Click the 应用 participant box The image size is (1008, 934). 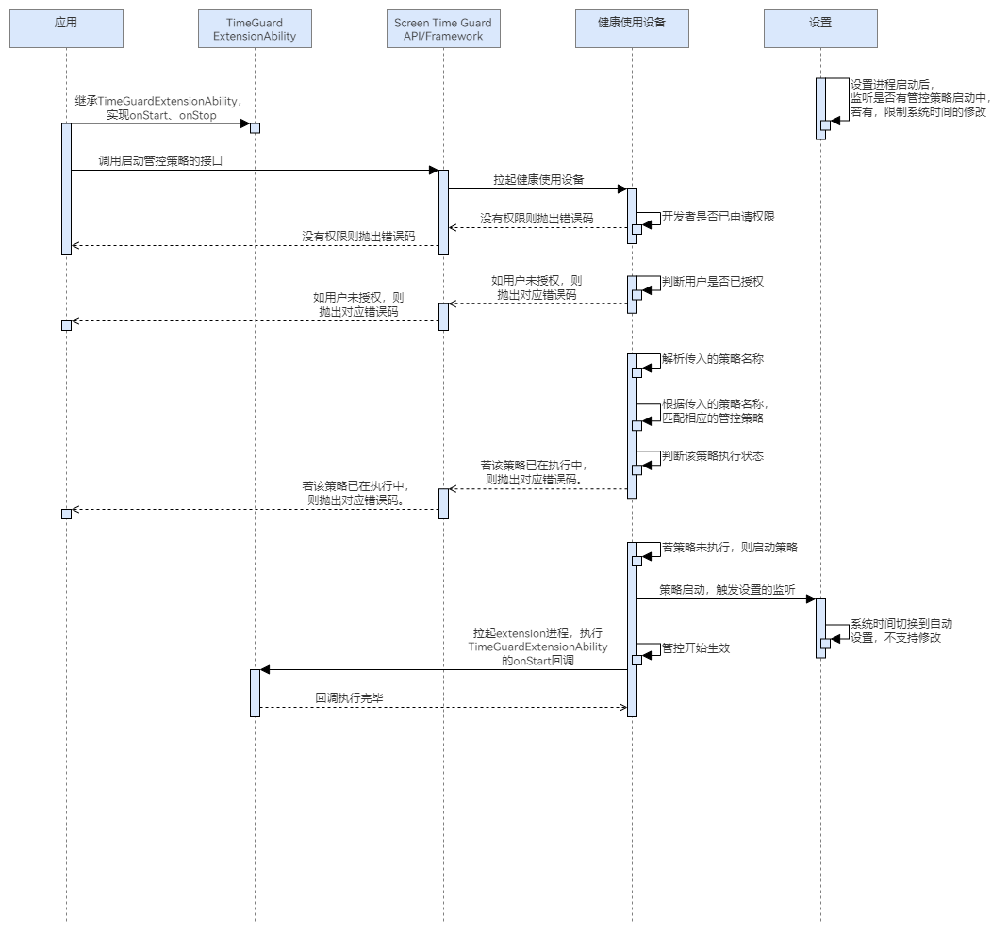pos(66,29)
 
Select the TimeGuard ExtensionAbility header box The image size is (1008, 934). pos(255,29)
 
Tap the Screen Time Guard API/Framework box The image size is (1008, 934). pos(443,29)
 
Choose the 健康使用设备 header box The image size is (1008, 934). pos(632,29)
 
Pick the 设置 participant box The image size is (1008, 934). pos(820,29)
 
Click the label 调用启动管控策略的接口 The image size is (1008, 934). pos(159,161)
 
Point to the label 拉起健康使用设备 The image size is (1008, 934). pos(538,180)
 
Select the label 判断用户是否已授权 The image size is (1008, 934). pos(712,281)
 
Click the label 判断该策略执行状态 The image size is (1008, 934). pos(712,456)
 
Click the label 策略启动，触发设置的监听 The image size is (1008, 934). pos(727,589)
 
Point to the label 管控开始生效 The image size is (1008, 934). pos(696,648)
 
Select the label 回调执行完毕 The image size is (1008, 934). pos(349,699)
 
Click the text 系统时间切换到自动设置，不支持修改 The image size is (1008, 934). pos(901,631)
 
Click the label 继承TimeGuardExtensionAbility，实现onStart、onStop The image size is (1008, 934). pos(159,107)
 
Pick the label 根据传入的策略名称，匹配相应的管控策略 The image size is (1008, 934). pos(713,411)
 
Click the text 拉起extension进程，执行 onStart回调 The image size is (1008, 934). pos(538,647)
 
